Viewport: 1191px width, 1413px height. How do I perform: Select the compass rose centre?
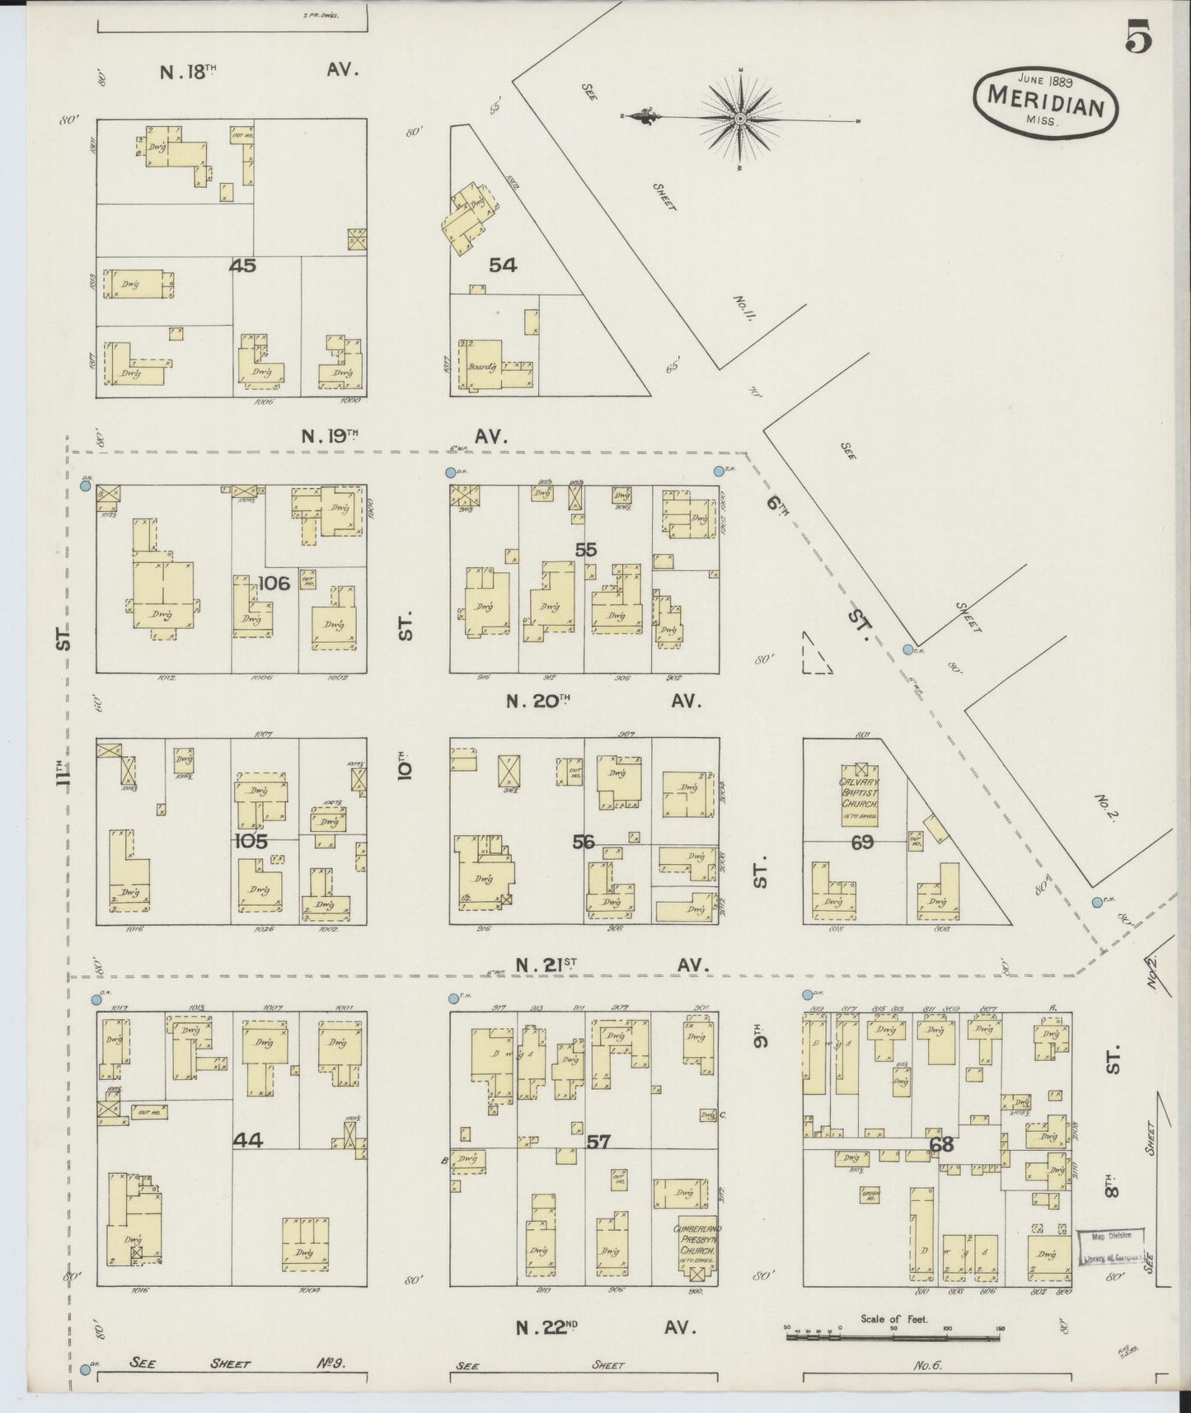(740, 120)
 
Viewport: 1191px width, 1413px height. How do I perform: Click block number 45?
(245, 265)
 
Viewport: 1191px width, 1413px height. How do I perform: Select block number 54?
(503, 265)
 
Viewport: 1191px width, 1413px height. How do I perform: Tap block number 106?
(274, 584)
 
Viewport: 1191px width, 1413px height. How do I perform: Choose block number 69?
(863, 843)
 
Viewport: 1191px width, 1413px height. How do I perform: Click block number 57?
(599, 1143)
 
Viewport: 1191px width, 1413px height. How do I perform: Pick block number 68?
(940, 1144)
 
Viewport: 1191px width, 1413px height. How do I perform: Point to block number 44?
(247, 1140)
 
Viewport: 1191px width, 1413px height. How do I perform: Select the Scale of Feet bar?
(894, 1336)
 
